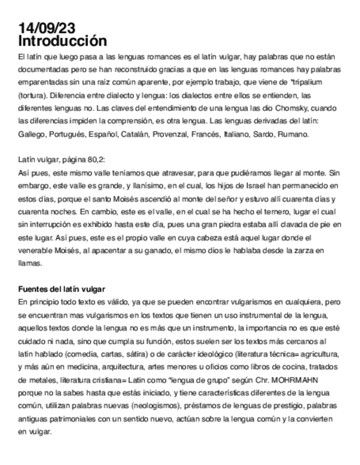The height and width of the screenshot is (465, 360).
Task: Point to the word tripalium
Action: [x=308, y=82]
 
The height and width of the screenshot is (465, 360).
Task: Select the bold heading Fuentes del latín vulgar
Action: [x=61, y=289]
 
